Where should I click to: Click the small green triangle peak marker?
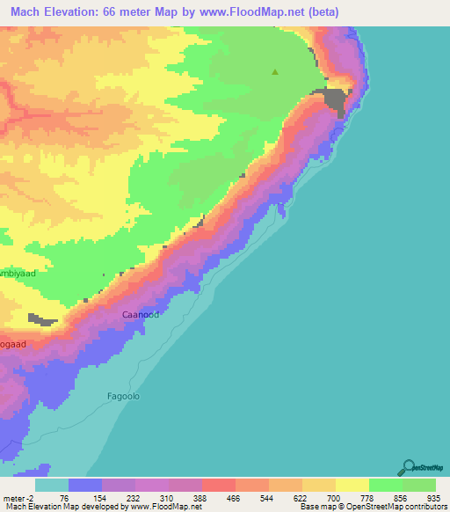point(275,72)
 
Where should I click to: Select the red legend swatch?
point(218,484)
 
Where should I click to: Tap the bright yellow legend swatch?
point(352,484)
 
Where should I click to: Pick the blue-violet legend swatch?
point(84,484)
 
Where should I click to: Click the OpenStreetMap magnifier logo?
point(409,465)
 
